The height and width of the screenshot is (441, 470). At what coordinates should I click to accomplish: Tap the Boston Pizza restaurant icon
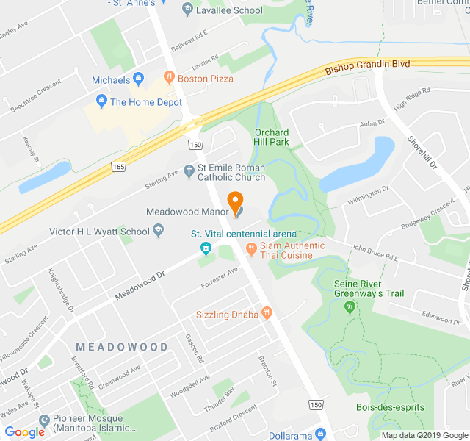click(168, 78)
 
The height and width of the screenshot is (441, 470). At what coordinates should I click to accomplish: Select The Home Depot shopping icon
click(101, 102)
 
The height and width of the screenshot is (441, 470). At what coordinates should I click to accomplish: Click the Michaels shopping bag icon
click(138, 79)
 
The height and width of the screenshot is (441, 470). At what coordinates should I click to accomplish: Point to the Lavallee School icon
click(187, 10)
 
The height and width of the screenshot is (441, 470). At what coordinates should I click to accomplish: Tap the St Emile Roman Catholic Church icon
click(189, 172)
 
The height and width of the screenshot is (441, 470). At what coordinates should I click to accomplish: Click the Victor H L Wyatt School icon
click(158, 232)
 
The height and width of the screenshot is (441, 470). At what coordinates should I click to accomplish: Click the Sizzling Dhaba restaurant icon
click(267, 314)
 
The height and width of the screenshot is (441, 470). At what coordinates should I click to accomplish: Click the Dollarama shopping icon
click(319, 434)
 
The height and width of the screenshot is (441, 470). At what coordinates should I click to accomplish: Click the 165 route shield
click(119, 168)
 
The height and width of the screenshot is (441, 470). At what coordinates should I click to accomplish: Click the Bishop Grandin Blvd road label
click(368, 65)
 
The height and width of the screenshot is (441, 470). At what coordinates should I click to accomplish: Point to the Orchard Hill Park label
click(272, 137)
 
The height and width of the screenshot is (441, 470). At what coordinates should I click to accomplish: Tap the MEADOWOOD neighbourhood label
click(122, 346)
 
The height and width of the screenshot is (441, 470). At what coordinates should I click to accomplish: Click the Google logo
click(24, 432)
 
